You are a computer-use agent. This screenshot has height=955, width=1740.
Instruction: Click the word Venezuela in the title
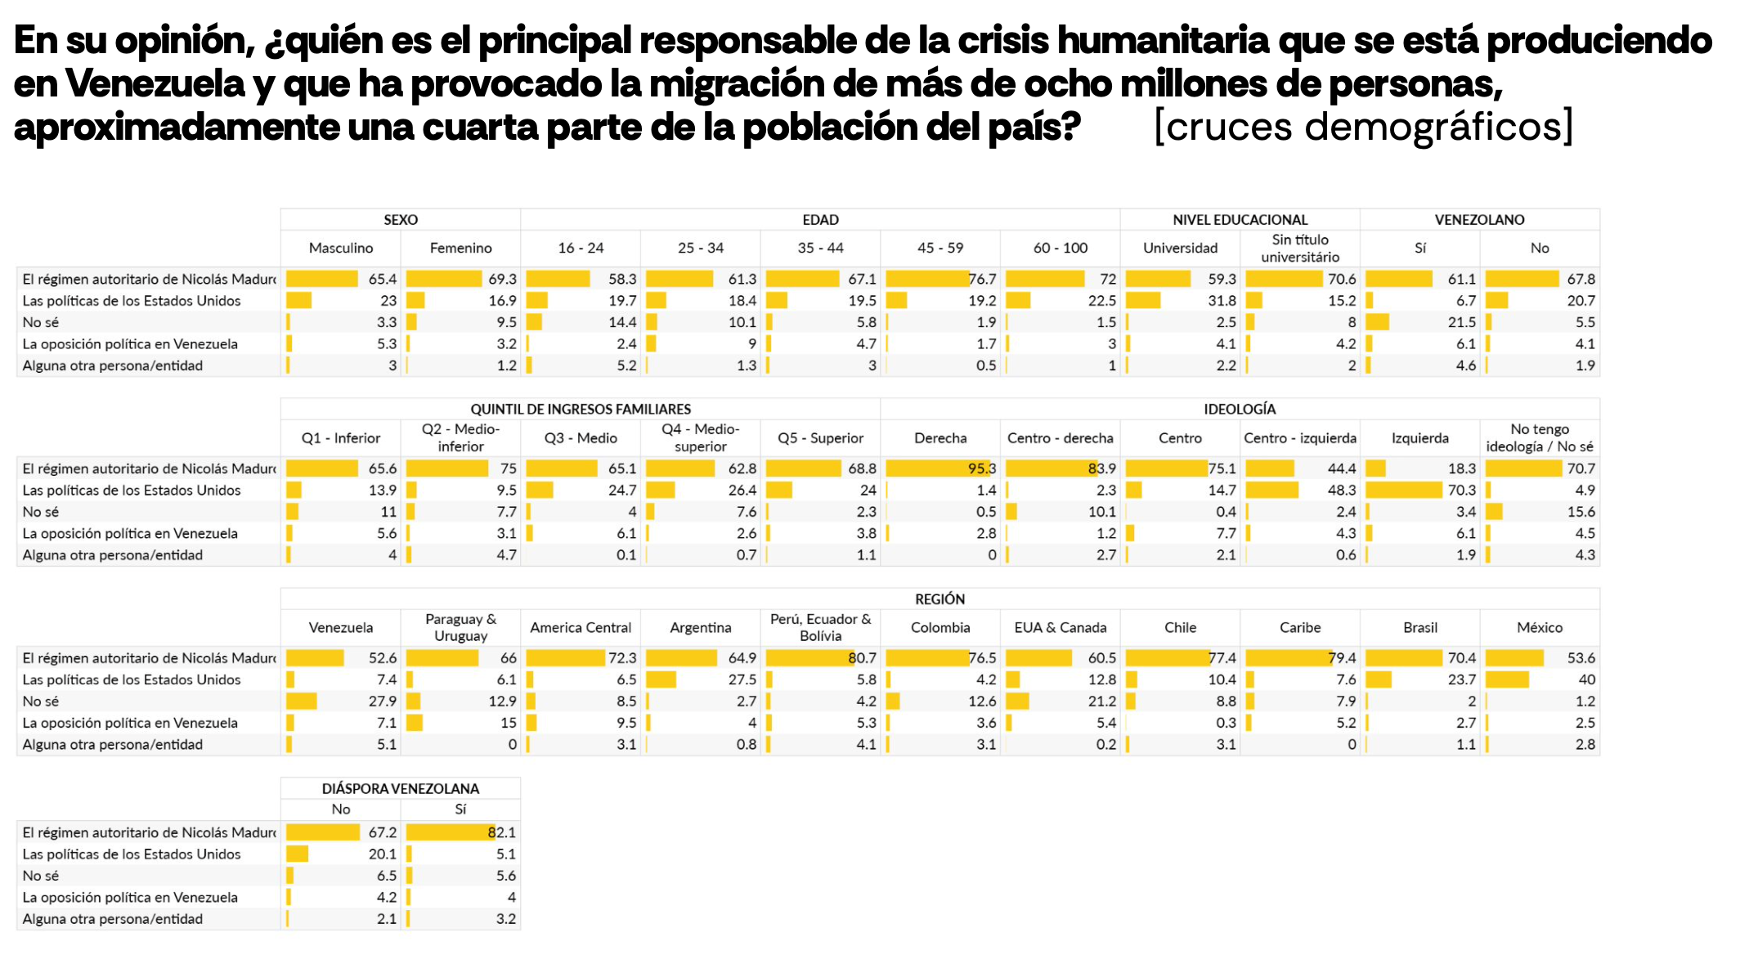(155, 83)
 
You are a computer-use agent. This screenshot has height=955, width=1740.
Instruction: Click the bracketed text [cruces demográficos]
(1363, 127)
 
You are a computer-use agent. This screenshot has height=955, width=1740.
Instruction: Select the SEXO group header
(401, 220)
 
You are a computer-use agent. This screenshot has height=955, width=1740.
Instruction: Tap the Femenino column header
(460, 248)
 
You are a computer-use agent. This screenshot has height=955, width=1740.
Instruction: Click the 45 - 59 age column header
(940, 248)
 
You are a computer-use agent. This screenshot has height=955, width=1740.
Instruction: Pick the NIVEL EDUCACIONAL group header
(1240, 220)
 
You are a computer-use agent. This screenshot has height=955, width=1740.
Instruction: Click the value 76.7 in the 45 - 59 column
(982, 280)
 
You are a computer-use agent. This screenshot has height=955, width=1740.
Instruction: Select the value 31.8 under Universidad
(1222, 301)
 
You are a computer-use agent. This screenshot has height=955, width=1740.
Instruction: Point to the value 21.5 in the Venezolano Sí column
(1461, 323)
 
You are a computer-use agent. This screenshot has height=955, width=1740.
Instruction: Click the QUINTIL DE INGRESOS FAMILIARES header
(581, 409)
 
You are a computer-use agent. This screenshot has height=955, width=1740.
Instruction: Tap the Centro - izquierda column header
(1299, 438)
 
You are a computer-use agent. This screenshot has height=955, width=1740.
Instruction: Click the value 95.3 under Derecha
(981, 469)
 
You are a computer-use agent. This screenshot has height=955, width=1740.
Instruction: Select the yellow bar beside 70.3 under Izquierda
(1404, 491)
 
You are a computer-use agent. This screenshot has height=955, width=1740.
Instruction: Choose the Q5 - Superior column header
(820, 438)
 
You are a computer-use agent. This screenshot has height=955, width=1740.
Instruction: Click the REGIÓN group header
(940, 599)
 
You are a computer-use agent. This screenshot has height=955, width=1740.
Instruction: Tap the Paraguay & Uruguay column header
(460, 627)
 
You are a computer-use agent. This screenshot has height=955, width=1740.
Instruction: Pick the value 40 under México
(1586, 679)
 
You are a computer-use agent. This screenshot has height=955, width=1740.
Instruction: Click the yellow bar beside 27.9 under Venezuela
(302, 702)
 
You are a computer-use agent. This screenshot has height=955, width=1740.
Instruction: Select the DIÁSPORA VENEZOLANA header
(401, 789)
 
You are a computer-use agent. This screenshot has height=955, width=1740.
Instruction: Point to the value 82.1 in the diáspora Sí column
(501, 832)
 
